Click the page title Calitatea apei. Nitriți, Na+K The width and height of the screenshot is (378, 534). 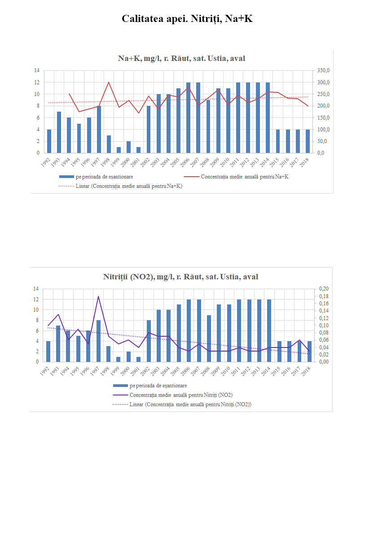click(189, 19)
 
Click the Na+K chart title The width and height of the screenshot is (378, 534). click(181, 58)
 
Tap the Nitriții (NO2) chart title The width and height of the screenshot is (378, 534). click(180, 277)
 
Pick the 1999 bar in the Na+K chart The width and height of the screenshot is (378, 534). click(119, 150)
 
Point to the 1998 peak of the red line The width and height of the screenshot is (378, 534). click(109, 82)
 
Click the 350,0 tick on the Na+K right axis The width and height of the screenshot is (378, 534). click(323, 70)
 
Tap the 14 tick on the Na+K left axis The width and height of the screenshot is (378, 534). click(36, 70)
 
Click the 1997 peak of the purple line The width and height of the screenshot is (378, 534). click(98, 296)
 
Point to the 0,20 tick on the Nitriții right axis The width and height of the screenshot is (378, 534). click(323, 288)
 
